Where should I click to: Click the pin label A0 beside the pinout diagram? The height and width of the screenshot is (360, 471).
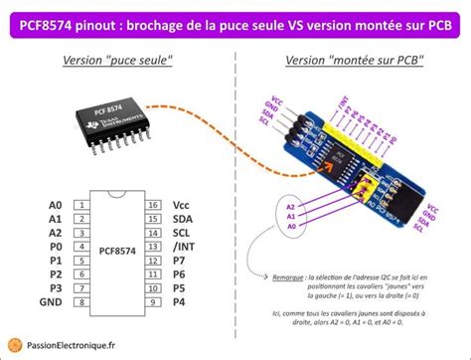(x=55, y=205)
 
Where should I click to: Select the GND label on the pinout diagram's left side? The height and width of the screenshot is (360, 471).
(x=50, y=300)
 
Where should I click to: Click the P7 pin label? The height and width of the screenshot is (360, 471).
(x=179, y=260)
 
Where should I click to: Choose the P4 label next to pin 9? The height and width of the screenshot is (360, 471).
(x=179, y=300)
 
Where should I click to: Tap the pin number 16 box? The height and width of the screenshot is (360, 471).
(x=153, y=205)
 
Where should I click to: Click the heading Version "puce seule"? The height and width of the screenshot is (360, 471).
(x=117, y=61)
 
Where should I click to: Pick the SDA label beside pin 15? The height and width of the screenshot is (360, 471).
(x=182, y=218)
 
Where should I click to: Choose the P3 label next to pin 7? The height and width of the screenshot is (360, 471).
(x=55, y=286)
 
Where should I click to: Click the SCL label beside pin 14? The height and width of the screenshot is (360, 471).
(x=181, y=232)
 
